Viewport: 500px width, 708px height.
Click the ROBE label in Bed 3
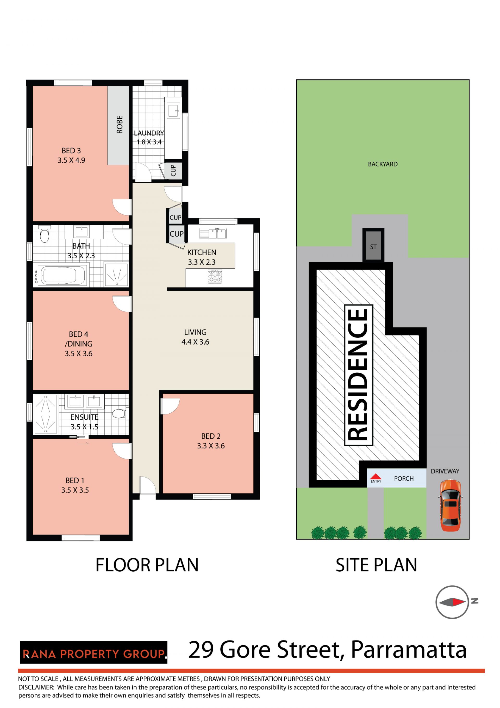click(x=120, y=124)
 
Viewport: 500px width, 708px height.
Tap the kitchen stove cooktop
click(x=215, y=277)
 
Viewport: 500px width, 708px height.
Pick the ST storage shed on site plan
click(x=373, y=246)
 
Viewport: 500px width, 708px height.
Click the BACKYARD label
click(x=383, y=164)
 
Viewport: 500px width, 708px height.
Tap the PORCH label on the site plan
click(x=404, y=479)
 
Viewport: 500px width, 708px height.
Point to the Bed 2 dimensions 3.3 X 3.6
click(x=211, y=446)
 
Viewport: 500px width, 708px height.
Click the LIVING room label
click(x=195, y=332)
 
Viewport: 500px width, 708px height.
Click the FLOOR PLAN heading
click(x=147, y=565)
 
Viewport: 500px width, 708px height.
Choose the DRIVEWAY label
click(x=445, y=471)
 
